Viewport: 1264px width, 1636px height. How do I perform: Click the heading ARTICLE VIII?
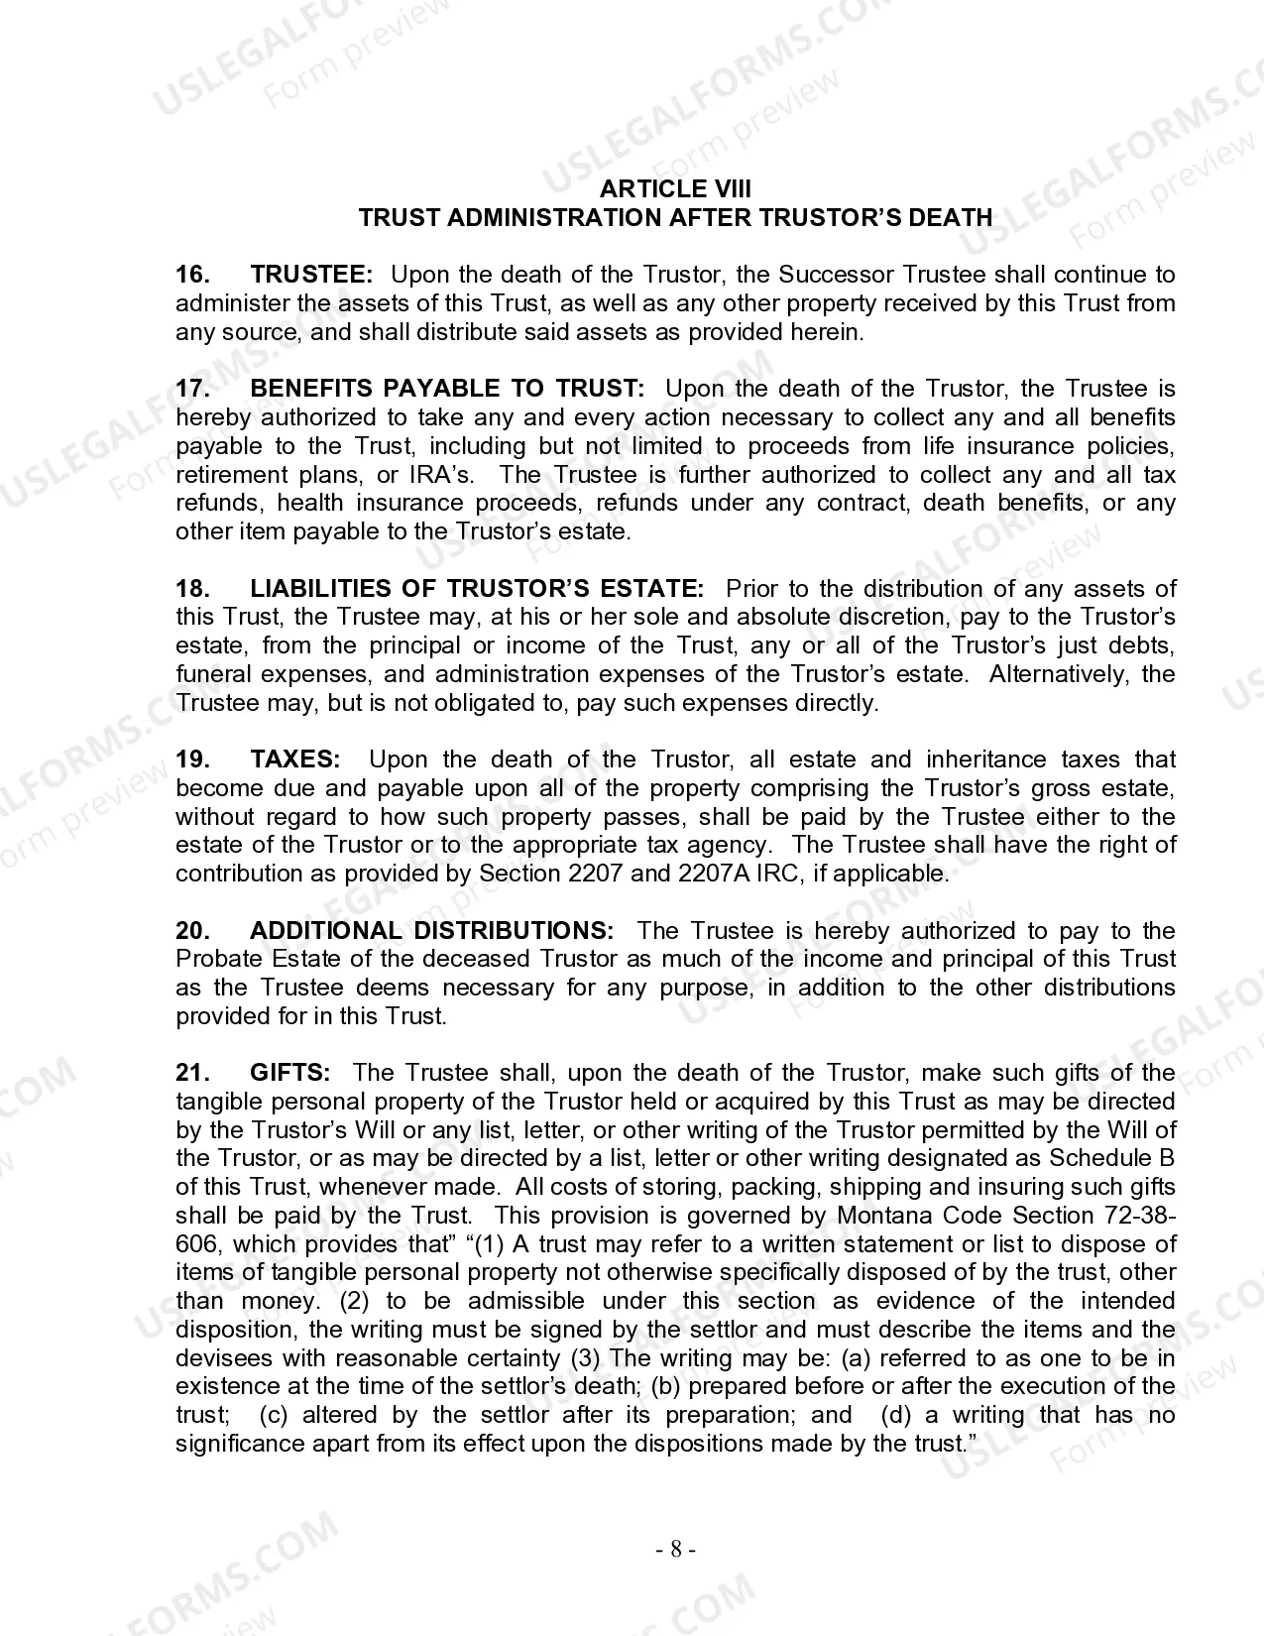point(675,189)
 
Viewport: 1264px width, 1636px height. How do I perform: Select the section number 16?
point(191,275)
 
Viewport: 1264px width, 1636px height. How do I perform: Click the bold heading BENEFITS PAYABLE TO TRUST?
point(447,389)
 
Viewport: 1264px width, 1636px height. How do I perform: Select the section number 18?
point(191,589)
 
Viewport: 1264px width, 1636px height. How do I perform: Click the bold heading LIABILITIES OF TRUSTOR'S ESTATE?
point(477,589)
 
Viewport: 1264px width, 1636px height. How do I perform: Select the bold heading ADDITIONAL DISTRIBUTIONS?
point(432,931)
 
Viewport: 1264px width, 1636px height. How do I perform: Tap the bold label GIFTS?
point(290,1073)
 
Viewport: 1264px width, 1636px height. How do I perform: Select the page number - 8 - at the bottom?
point(675,1549)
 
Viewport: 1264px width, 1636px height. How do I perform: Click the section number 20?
point(191,931)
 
